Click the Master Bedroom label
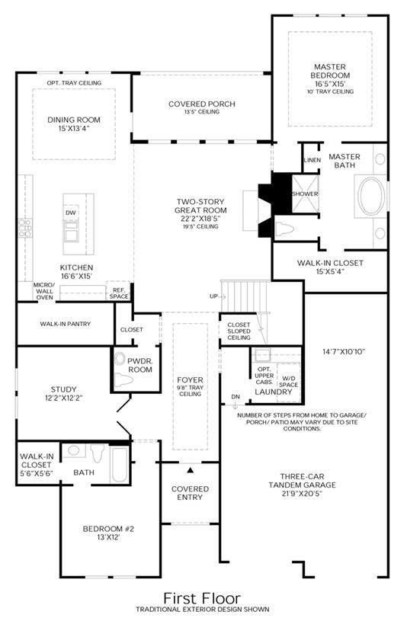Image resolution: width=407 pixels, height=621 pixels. pos(330,71)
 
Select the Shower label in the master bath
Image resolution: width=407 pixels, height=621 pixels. pos(305,194)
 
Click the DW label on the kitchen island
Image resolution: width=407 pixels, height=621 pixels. pos(71,213)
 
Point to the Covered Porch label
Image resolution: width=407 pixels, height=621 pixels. pos(202,104)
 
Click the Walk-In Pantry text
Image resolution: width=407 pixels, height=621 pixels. pos(66,324)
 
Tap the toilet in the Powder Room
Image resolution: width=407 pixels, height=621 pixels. pos(123,381)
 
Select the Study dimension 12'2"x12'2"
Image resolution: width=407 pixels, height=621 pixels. pos(63,398)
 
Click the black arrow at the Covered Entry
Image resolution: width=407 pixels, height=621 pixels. pos(191,470)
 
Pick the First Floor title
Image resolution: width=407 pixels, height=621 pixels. pos(202,598)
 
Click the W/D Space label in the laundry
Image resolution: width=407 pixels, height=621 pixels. pos(289,382)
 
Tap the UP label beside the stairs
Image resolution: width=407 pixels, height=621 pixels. pos(214,296)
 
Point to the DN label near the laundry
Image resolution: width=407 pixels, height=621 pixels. pos(236,397)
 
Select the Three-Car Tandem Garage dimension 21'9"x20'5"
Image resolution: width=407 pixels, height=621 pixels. pos(302,494)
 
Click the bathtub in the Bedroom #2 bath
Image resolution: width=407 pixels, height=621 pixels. pos(119,464)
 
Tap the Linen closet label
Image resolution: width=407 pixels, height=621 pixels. pos(312,160)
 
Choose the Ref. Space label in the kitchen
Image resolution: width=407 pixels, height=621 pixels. pos(119,293)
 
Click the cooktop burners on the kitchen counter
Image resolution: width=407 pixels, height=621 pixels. pos(25,228)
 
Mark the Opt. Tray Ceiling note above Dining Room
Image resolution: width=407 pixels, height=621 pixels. pos(74,83)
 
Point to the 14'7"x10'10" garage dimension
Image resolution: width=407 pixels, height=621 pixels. pos(344,351)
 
